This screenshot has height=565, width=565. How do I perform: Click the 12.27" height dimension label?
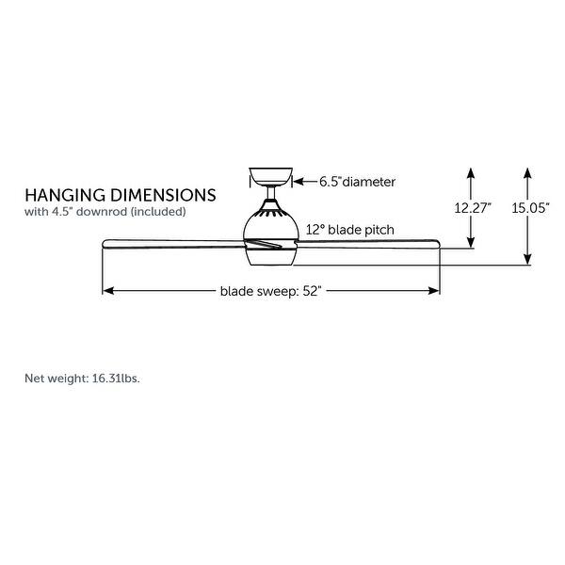pyautogui.click(x=473, y=210)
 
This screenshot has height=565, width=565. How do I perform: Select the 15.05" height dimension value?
pyautogui.click(x=530, y=210)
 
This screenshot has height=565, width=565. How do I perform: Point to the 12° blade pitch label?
pyautogui.click(x=349, y=229)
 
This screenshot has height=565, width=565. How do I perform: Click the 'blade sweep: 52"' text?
pyautogui.click(x=271, y=291)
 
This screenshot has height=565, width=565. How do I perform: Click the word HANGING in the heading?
pyautogui.click(x=66, y=195)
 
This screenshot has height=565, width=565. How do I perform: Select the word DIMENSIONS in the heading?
pyautogui.click(x=164, y=195)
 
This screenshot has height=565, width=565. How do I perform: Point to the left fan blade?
pyautogui.click(x=169, y=245)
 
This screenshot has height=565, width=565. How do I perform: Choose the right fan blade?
pyautogui.click(x=377, y=247)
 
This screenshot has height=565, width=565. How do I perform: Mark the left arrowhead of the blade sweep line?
pyautogui.click(x=107, y=291)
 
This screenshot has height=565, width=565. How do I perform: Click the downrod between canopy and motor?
pyautogui.click(x=270, y=196)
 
